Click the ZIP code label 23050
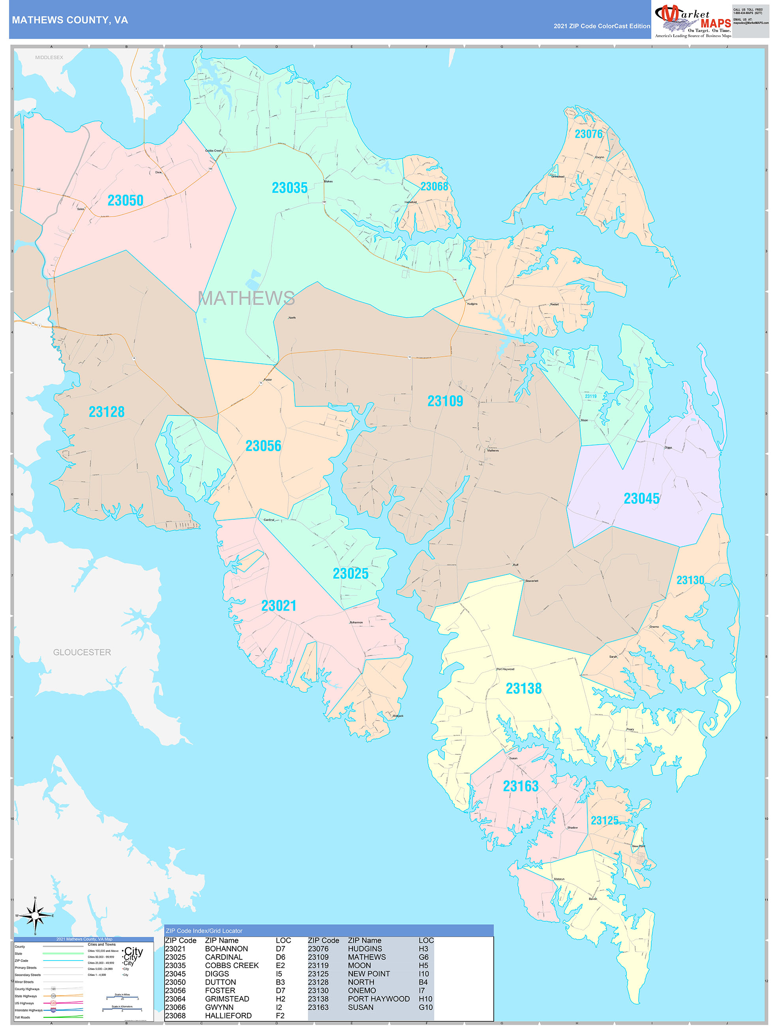click(125, 200)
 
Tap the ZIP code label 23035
click(290, 188)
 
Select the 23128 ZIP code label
click(107, 412)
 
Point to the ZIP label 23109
click(445, 401)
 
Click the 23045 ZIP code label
click(641, 499)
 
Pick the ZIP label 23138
click(523, 688)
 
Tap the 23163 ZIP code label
click(521, 786)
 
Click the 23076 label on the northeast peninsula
click(588, 134)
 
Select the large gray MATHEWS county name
click(246, 298)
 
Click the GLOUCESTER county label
click(82, 652)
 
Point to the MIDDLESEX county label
click(49, 58)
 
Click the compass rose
click(35, 916)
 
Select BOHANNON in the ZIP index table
click(227, 949)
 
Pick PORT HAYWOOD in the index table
click(379, 999)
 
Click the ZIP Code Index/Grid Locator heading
click(204, 931)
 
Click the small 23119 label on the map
click(591, 396)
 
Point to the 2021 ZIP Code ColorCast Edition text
click(602, 26)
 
